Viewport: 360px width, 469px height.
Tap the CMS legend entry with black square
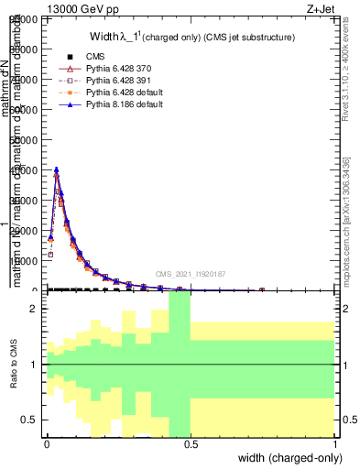click(x=95, y=57)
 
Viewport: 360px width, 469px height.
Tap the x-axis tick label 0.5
click(x=191, y=442)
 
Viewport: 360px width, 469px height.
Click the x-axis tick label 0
click(x=47, y=442)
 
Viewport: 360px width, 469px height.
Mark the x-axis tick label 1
click(x=334, y=442)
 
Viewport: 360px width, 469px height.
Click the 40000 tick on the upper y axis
click(x=25, y=170)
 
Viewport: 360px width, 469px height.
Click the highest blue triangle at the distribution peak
click(x=57, y=169)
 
